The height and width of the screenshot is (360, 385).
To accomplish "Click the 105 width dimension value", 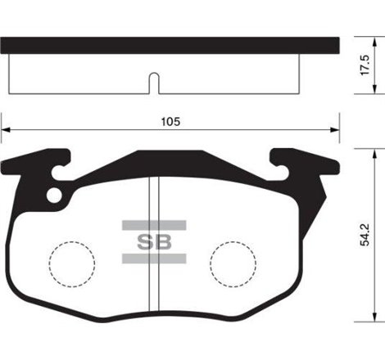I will pos(171,120).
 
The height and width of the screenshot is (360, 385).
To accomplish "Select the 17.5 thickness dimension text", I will pos(370,65).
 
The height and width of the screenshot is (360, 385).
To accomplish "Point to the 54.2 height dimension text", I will pos(370,232).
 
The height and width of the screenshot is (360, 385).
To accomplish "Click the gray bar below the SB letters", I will pos(153,259).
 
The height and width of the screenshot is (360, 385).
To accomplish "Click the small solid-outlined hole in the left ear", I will pos(55,195).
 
